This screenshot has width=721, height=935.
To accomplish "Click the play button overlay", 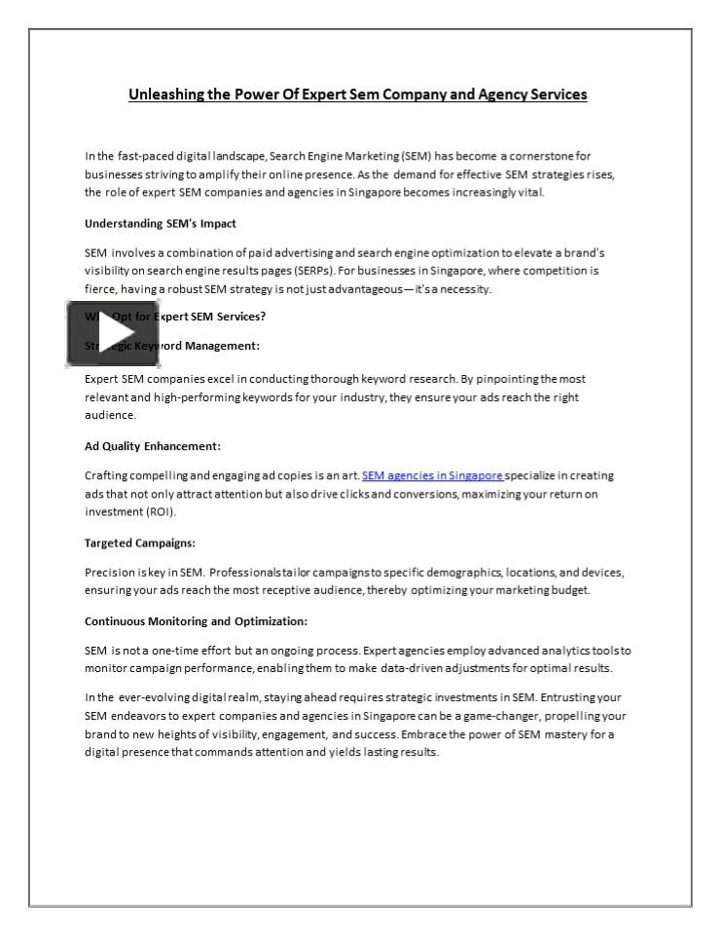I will pyautogui.click(x=98, y=334).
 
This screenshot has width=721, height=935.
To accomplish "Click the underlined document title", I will pyautogui.click(x=357, y=95).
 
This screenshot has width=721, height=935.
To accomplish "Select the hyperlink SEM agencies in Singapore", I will pyautogui.click(x=432, y=475).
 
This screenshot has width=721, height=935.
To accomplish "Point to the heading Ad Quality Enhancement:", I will pyautogui.click(x=153, y=447).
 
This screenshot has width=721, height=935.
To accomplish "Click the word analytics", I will pyautogui.click(x=538, y=649).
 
